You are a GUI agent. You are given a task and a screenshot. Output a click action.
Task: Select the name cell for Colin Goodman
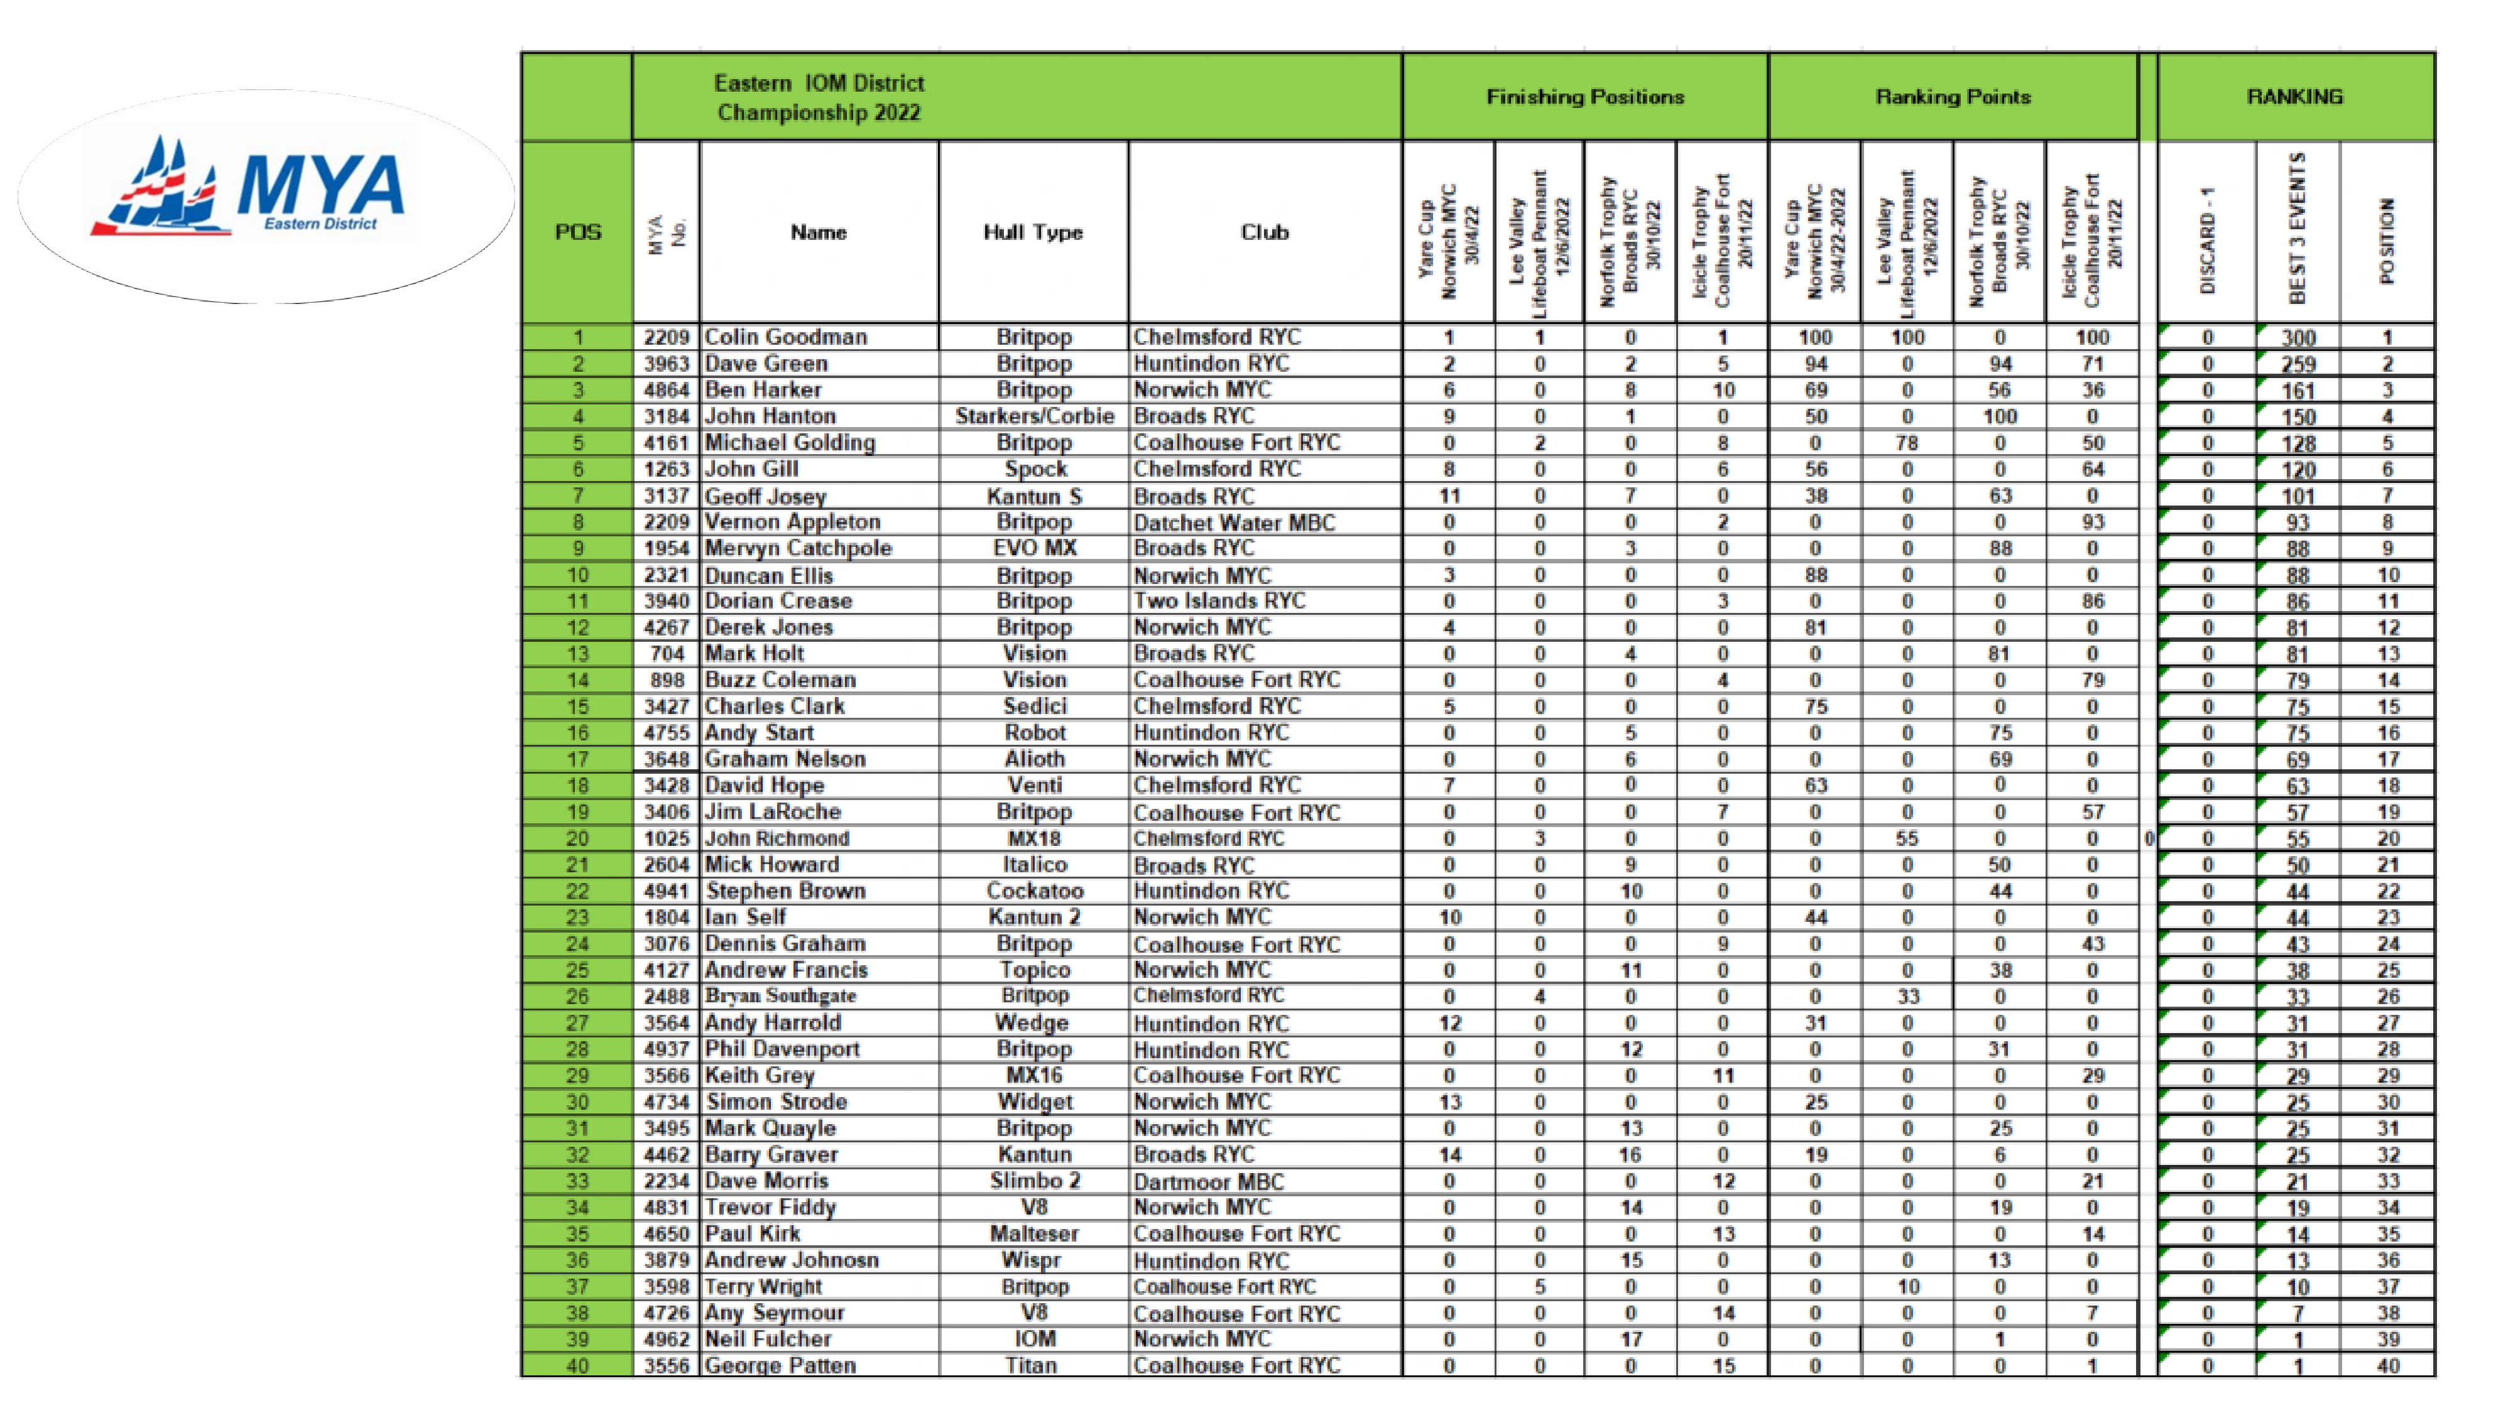pyautogui.click(x=785, y=337)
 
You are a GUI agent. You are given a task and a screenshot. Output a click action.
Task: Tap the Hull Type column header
pyautogui.click(x=1033, y=232)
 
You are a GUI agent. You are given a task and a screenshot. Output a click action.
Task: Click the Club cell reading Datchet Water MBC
pyautogui.click(x=1233, y=522)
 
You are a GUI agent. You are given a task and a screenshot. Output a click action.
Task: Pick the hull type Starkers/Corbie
pyautogui.click(x=1034, y=416)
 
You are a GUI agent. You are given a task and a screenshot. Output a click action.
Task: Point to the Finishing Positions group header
pyautogui.click(x=1584, y=97)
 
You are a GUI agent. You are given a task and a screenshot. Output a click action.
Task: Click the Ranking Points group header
pyautogui.click(x=1952, y=97)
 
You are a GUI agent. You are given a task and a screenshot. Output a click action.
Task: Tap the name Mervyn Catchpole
pyautogui.click(x=798, y=548)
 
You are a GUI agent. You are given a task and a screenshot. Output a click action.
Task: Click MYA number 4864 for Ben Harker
pyautogui.click(x=667, y=390)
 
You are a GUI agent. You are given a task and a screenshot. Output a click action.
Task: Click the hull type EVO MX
pyautogui.click(x=1034, y=548)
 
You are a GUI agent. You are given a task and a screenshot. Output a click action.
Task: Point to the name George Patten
pyautogui.click(x=780, y=1365)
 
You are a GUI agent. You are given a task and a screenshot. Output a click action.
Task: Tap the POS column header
pyautogui.click(x=577, y=232)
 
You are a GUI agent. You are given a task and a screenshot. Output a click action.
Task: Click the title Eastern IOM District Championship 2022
pyautogui.click(x=819, y=97)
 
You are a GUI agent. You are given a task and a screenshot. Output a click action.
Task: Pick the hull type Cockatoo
pyautogui.click(x=1034, y=891)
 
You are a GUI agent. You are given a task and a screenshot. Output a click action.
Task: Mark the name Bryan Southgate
pyautogui.click(x=780, y=995)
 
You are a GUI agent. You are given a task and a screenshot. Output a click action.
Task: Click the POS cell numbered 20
pyautogui.click(x=577, y=838)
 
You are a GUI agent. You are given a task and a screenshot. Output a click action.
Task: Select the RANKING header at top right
pyautogui.click(x=2294, y=97)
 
